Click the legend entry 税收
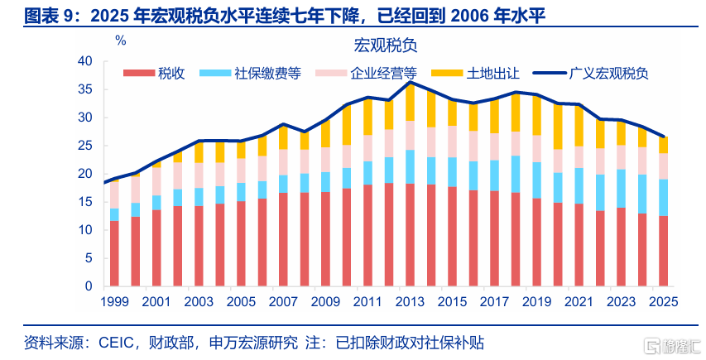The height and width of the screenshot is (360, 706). [154, 74]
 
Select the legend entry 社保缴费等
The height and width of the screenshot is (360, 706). [250, 74]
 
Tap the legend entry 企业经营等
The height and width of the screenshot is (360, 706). [367, 74]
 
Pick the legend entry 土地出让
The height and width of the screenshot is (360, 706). [475, 74]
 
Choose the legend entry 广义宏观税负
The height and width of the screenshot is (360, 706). [591, 74]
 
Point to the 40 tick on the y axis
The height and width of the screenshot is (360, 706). [84, 61]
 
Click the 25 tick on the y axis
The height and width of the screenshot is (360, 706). [84, 146]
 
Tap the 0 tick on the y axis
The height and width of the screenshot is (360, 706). [89, 286]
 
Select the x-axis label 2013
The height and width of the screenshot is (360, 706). [410, 301]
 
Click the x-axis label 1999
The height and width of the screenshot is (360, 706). [114, 301]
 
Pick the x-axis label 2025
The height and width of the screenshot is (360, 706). [663, 301]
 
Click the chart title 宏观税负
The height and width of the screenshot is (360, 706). [386, 45]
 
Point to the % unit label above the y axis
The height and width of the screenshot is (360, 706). [121, 41]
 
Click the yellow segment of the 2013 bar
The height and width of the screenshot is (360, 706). [410, 102]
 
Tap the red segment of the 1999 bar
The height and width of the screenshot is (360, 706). [114, 253]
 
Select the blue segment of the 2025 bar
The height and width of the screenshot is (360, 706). [663, 198]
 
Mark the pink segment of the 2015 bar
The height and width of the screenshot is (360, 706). [452, 142]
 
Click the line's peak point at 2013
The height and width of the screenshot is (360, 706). [410, 83]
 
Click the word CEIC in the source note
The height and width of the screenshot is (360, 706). [116, 343]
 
